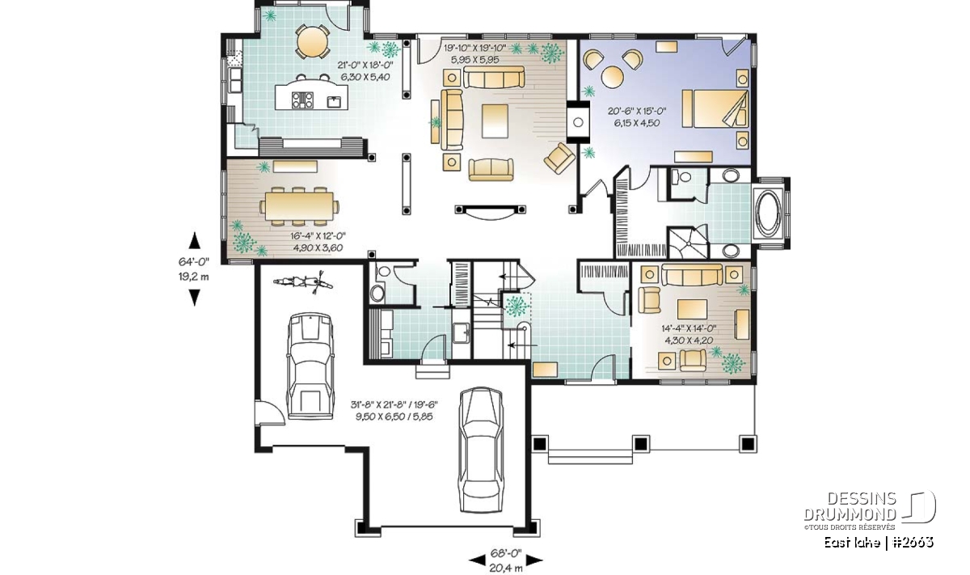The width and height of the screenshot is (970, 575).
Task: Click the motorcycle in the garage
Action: pyautogui.click(x=304, y=282)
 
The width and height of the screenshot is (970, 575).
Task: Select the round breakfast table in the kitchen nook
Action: pyautogui.click(x=312, y=40)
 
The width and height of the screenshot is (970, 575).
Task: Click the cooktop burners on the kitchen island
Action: pyautogui.click(x=302, y=100)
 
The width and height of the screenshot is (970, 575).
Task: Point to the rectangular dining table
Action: pyautogui.click(x=299, y=206)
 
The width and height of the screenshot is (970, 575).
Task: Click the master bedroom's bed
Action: pyautogui.click(x=715, y=108)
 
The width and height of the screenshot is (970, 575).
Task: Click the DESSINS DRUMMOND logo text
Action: pyautogui.click(x=850, y=506)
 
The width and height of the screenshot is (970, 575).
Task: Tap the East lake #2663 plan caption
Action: pyautogui.click(x=879, y=543)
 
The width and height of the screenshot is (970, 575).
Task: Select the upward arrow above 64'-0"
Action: pyautogui.click(x=195, y=240)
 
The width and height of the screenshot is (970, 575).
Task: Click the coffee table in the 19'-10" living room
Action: pyautogui.click(x=495, y=120)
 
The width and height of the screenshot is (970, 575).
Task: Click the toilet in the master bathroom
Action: pyautogui.click(x=681, y=177)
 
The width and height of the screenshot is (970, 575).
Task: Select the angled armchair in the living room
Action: pyautogui.click(x=559, y=159)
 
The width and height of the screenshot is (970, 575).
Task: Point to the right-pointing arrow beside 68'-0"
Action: pyautogui.click(x=534, y=560)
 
